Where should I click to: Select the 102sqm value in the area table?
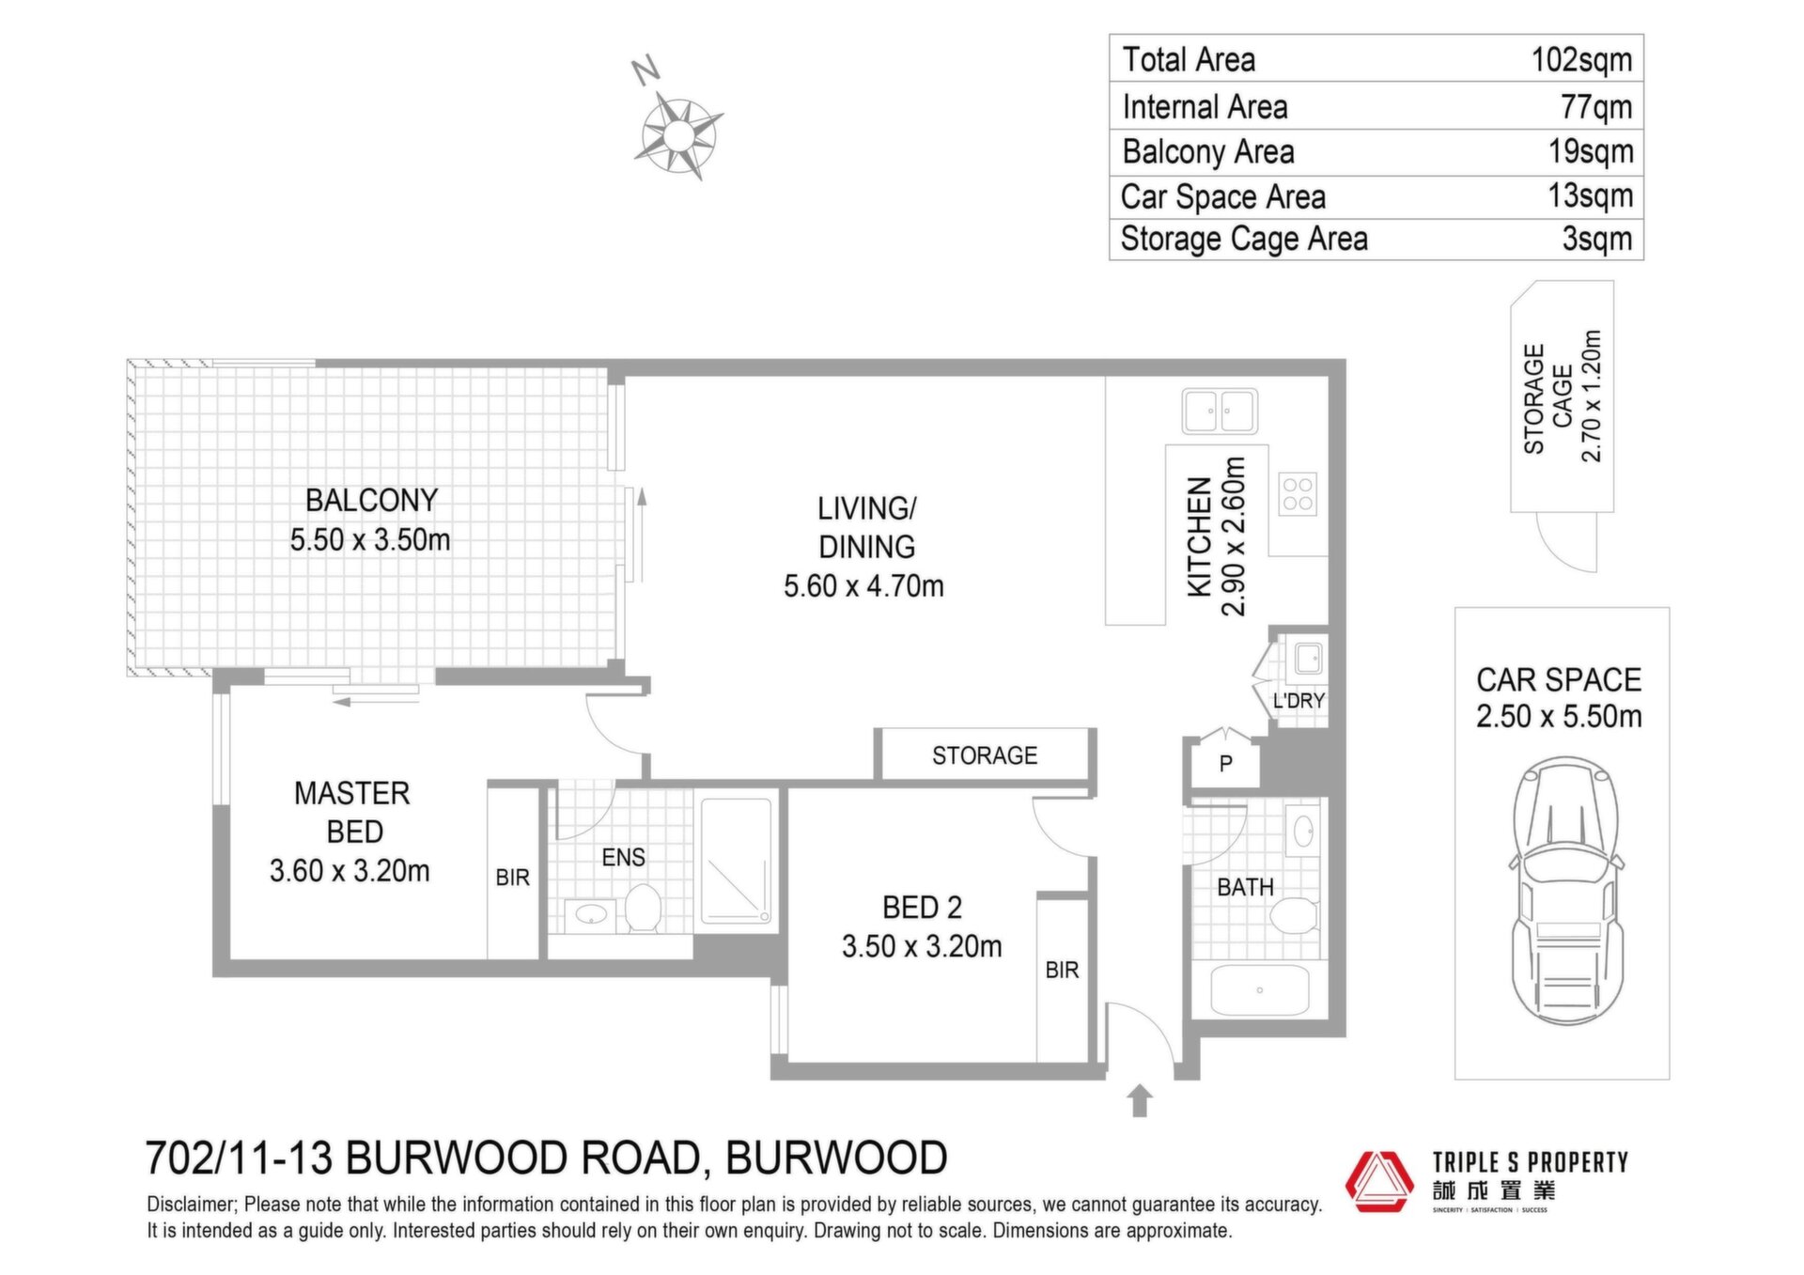[x=1581, y=59]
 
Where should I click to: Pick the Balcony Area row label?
[x=1208, y=151]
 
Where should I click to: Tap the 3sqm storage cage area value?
[x=1597, y=239]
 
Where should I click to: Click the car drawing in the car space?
[x=1566, y=891]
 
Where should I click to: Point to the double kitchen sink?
[x=1220, y=412]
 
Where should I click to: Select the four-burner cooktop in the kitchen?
[x=1298, y=494]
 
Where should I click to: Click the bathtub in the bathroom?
[x=1259, y=991]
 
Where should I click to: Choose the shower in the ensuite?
[x=738, y=861]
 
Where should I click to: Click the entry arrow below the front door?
[x=1140, y=1100]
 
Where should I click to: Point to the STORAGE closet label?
[x=985, y=755]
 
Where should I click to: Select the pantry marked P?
[x=1225, y=763]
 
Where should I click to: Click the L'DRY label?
[x=1299, y=701]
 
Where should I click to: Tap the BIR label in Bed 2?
[x=1062, y=970]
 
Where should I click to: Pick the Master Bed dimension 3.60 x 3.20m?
[x=350, y=871]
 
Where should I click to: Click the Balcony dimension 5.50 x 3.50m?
[x=370, y=540]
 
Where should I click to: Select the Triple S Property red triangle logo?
[x=1379, y=1181]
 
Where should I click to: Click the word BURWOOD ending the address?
[x=836, y=1158]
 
